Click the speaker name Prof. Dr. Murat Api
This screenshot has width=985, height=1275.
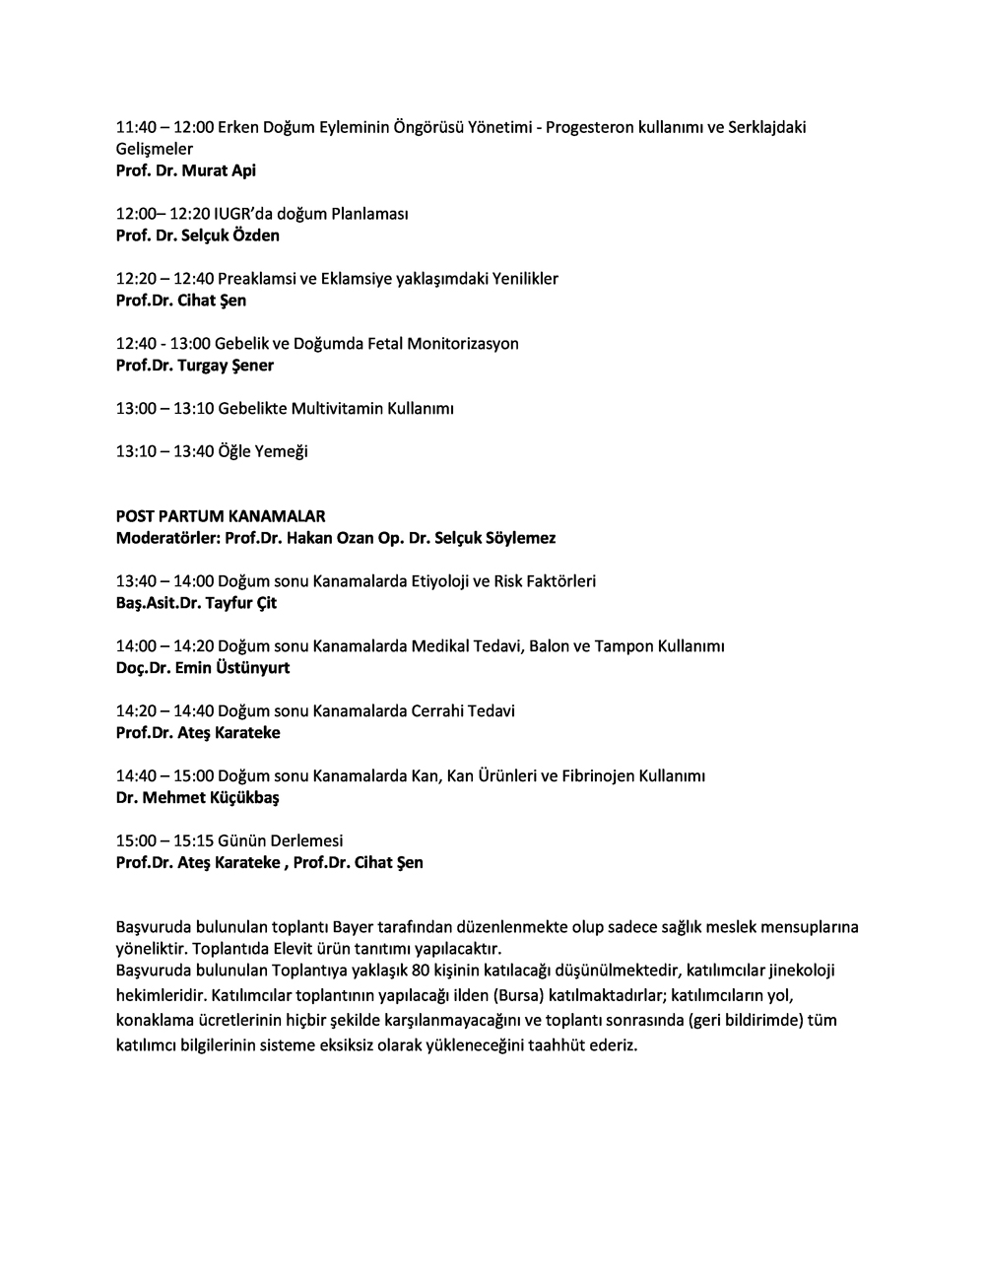185,170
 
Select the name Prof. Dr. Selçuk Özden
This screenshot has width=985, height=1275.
197,235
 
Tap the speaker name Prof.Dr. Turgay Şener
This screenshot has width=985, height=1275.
194,366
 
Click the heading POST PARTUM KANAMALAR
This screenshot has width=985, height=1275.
220,515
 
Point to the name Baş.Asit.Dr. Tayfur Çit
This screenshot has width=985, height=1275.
196,603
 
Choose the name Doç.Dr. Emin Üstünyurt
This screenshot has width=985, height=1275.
202,668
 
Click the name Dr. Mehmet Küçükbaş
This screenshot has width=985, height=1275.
197,798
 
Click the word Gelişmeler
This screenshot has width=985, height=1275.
154,149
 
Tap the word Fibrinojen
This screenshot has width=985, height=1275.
598,776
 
